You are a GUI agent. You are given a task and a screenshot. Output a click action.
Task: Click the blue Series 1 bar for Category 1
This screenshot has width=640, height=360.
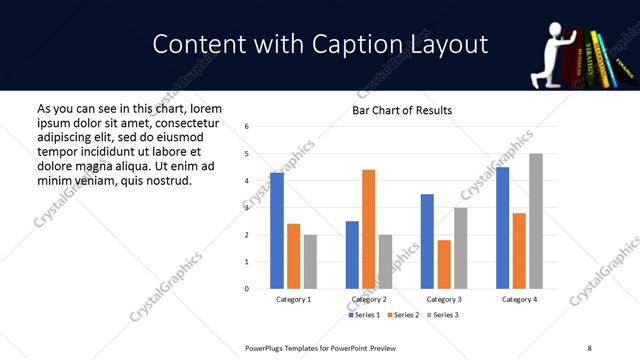(277, 231)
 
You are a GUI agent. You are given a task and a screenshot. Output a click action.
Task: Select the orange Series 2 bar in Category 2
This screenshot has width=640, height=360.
(368, 229)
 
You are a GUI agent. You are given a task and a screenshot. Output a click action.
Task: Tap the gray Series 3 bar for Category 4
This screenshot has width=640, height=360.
(535, 221)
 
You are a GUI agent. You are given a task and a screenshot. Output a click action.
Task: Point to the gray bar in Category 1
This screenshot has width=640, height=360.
(310, 262)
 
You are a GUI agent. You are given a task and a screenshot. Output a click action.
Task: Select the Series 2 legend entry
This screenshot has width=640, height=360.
(402, 315)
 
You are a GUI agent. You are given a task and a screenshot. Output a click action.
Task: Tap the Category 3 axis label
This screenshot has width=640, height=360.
(443, 299)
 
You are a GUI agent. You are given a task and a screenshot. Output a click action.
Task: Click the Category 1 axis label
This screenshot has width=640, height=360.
(293, 299)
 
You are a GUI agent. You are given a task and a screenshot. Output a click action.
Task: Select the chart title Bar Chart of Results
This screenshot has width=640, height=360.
(401, 110)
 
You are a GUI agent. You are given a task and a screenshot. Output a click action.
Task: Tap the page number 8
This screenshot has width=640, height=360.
(589, 346)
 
